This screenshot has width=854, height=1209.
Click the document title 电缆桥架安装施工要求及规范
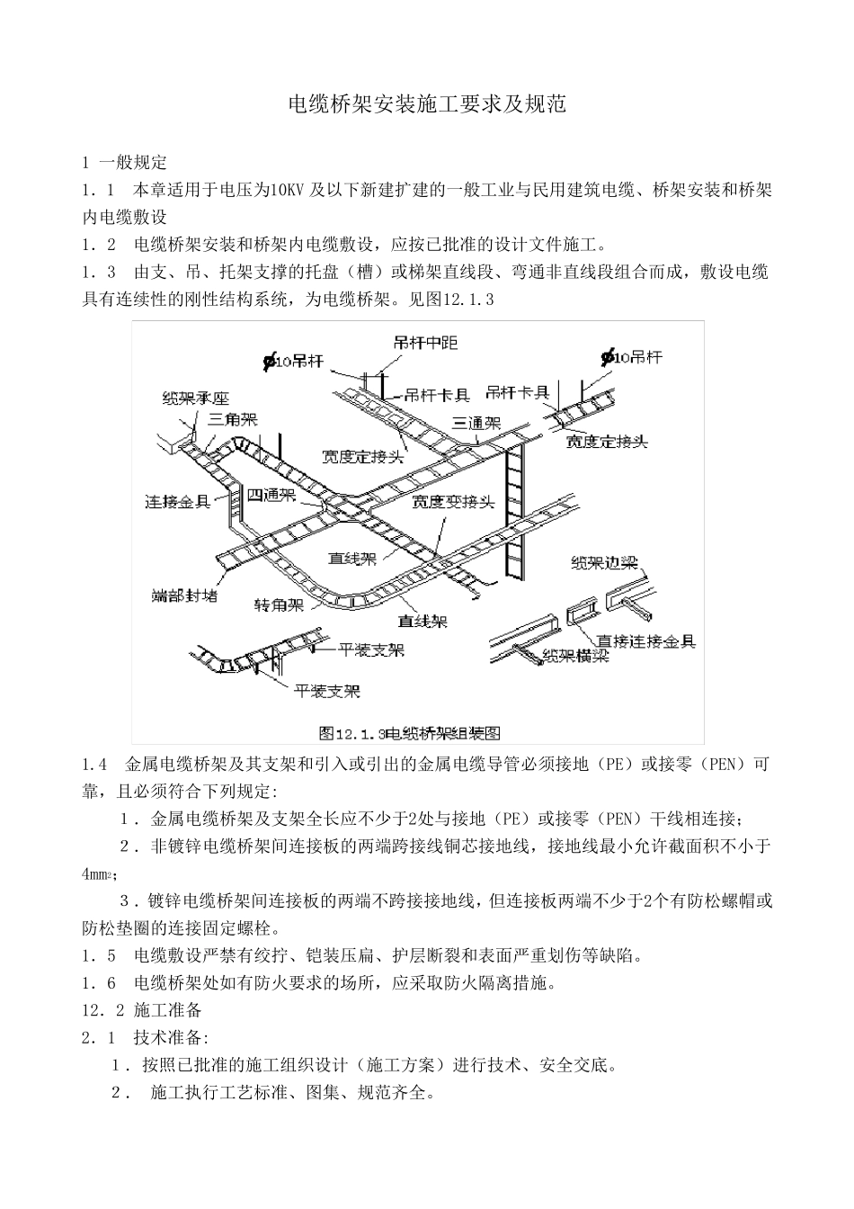(x=426, y=104)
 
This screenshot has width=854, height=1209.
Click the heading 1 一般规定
(x=124, y=163)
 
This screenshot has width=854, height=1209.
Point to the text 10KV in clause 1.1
(x=287, y=190)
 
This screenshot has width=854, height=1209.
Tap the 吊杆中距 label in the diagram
(x=425, y=342)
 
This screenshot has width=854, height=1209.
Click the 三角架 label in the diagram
(x=232, y=419)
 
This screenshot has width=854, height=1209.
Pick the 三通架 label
(x=476, y=422)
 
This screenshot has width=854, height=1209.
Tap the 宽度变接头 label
(x=453, y=502)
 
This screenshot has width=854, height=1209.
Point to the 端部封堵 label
(x=184, y=596)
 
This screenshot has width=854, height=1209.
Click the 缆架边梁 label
(x=604, y=563)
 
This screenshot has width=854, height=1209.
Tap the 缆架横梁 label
(x=576, y=657)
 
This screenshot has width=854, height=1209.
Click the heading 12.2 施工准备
(x=142, y=1009)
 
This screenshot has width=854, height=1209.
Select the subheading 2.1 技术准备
(x=145, y=1037)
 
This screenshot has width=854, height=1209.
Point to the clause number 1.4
(x=94, y=765)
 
